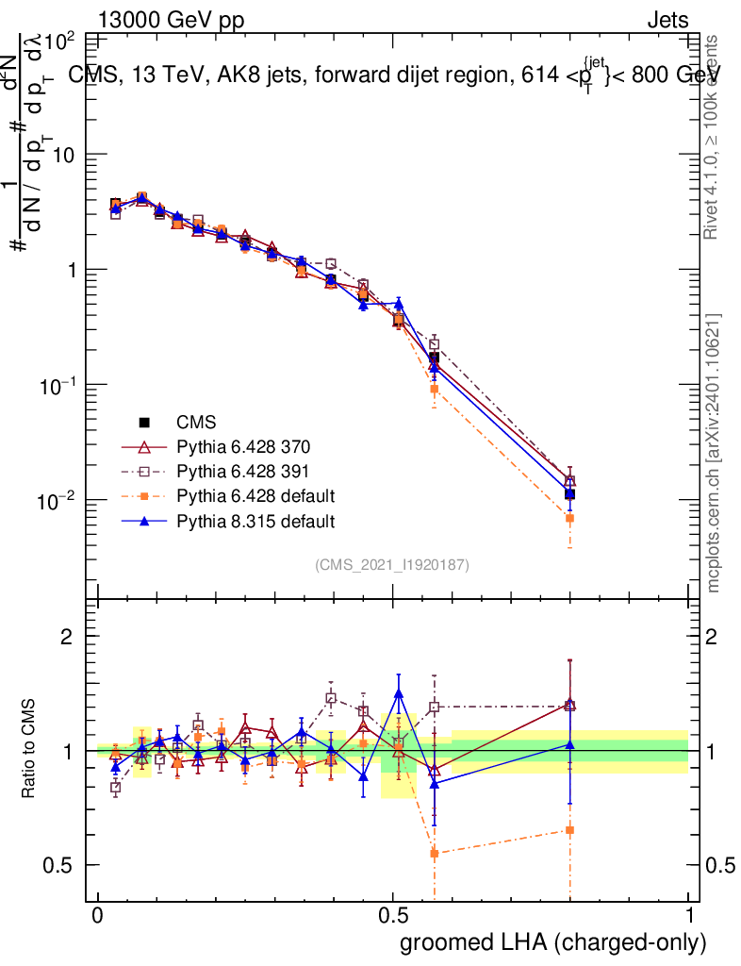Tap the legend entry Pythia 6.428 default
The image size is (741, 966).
[x=255, y=496]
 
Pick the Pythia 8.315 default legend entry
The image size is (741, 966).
[x=255, y=521]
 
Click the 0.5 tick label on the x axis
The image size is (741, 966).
[x=393, y=916]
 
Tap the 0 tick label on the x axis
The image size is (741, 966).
[x=98, y=916]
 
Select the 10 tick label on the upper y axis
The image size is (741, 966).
[x=61, y=155]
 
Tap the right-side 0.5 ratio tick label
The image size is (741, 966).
[x=720, y=865]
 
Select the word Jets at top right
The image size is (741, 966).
[x=667, y=20]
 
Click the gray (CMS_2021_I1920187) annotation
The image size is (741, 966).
[x=391, y=564]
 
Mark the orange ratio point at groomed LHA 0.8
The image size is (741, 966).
[x=569, y=830]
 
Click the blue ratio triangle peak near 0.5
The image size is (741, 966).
[x=399, y=693]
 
